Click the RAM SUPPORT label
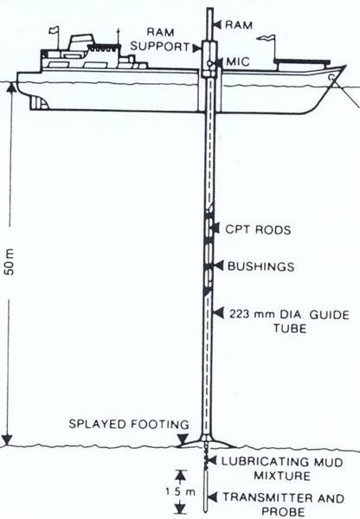[160, 40]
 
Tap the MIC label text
[238, 62]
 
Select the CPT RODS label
[259, 230]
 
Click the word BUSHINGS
[261, 266]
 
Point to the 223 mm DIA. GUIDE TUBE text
[289, 321]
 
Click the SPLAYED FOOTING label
[129, 424]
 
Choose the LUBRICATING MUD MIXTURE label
[282, 468]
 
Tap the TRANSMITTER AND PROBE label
[284, 504]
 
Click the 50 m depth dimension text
[10, 263]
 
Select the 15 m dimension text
[181, 492]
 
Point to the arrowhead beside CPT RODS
[215, 228]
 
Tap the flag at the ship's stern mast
[54, 30]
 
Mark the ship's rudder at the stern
[39, 103]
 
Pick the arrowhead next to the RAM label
[217, 24]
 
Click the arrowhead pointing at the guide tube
[218, 313]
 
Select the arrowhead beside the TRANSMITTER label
[212, 497]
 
